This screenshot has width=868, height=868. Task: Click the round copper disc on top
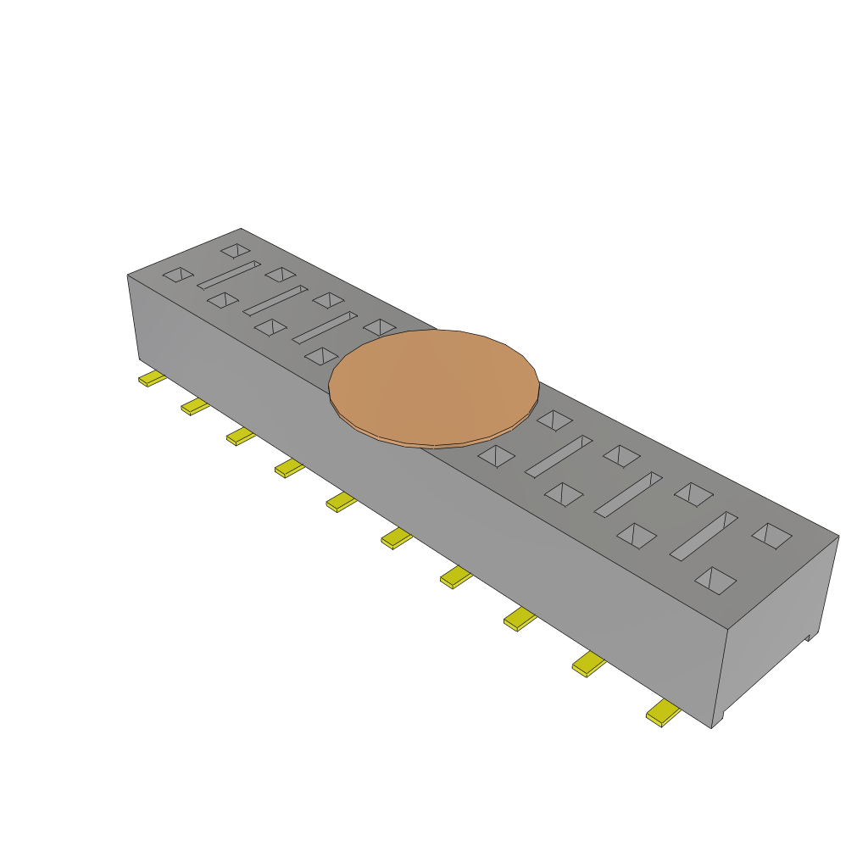[434, 387]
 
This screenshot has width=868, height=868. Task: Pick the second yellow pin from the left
[195, 407]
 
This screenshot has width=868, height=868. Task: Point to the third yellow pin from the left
[241, 437]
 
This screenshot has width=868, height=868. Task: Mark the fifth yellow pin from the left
[341, 502]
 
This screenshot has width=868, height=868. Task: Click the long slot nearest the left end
[228, 275]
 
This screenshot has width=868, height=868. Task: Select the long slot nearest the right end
[704, 536]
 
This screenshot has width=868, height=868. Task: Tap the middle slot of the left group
[275, 300]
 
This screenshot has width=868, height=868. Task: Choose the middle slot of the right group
[628, 494]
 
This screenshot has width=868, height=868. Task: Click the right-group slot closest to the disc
[559, 456]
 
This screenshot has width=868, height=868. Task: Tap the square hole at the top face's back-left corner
[235, 250]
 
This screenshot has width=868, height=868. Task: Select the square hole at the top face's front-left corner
[178, 274]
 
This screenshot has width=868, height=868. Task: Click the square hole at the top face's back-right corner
[771, 535]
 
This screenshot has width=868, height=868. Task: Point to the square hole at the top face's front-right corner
[715, 580]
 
